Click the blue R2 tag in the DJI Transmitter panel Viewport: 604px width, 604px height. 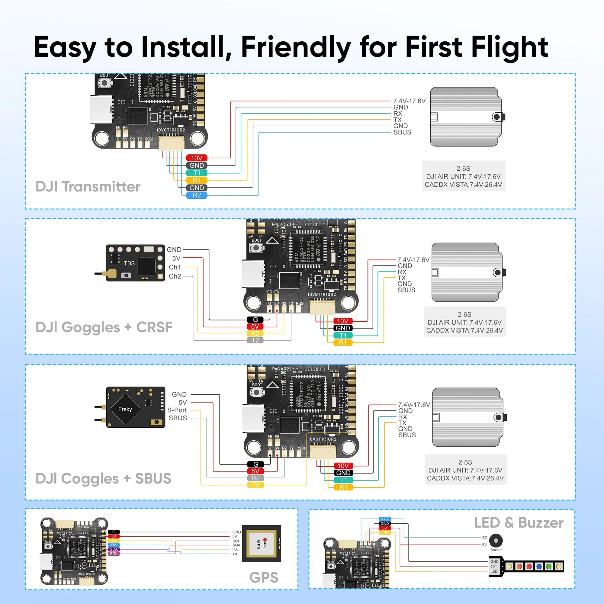click(197, 195)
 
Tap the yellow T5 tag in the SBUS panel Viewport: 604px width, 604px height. click(255, 485)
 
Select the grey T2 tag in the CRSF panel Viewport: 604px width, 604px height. click(255, 340)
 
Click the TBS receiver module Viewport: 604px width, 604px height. click(135, 263)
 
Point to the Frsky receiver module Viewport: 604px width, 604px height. click(135, 407)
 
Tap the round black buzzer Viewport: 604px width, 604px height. click(496, 540)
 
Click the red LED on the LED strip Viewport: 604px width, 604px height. click(529, 567)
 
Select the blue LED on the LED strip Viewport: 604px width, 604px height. click(539, 567)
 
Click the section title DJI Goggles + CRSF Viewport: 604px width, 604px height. click(104, 327)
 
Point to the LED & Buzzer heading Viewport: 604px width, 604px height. click(519, 523)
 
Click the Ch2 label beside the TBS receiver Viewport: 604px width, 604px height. click(175, 276)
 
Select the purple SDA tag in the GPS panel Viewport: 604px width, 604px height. click(114, 549)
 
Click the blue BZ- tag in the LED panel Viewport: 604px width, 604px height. click(384, 519)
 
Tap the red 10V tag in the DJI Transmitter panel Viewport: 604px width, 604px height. click(197, 158)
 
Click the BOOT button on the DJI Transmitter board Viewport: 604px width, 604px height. click(105, 83)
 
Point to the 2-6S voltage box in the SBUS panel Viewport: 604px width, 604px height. click(465, 470)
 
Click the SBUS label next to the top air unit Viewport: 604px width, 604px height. click(402, 132)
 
